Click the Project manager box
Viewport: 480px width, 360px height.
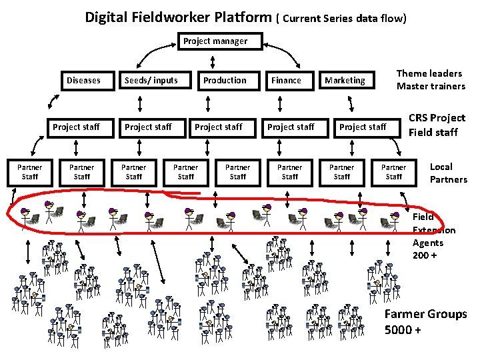[215, 41]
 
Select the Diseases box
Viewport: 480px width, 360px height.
[83, 81]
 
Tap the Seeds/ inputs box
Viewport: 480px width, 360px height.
[151, 81]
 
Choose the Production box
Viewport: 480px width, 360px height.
[225, 81]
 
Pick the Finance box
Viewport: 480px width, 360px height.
[286, 81]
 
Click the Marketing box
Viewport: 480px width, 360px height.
[345, 81]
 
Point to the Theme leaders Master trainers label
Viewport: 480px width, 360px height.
[431, 80]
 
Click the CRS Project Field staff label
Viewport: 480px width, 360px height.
[437, 125]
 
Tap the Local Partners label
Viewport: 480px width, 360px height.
[448, 173]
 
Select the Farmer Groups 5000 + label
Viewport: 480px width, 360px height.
[425, 321]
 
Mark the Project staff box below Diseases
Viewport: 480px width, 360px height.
[76, 127]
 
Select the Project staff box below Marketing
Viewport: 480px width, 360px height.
[363, 127]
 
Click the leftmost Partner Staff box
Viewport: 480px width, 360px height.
[29, 172]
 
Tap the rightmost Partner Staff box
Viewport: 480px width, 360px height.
[393, 172]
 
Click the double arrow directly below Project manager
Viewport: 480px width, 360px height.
[212, 62]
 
